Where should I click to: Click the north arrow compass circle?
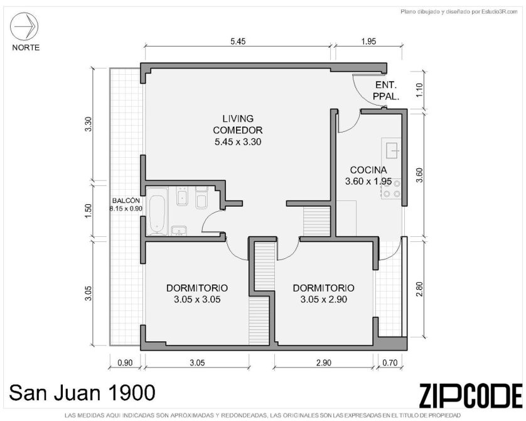[24, 26]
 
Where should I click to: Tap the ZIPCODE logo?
[471, 396]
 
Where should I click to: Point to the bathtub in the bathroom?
[157, 211]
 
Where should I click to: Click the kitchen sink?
[392, 150]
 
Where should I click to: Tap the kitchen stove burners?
[392, 189]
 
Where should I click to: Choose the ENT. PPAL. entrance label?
[386, 90]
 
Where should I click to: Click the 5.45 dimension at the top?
[238, 41]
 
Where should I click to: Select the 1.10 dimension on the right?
[419, 90]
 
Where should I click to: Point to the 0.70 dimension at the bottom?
[389, 363]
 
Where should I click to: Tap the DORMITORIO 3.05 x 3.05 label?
[197, 293]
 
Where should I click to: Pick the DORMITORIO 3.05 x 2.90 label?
[323, 293]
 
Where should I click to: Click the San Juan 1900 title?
[82, 393]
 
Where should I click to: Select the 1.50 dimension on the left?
[88, 211]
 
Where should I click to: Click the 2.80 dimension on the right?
[419, 288]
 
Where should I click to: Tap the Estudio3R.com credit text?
[459, 12]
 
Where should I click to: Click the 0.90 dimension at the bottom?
[125, 363]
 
